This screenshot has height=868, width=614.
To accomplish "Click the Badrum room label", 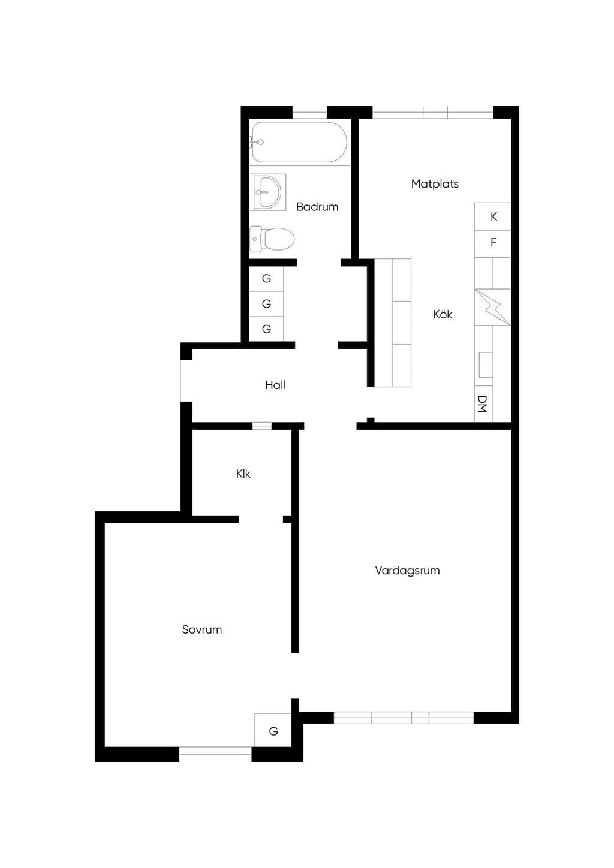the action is click(317, 207).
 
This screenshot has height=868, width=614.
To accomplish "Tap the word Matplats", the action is click(435, 183).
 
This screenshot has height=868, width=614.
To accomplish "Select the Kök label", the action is click(443, 314).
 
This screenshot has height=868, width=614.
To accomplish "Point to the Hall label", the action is click(275, 385).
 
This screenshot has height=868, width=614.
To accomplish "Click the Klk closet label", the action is click(243, 474).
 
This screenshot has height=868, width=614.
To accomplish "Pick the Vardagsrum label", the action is click(407, 571).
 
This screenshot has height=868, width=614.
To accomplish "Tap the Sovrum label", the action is click(202, 629).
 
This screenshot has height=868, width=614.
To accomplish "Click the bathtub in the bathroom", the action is click(299, 142).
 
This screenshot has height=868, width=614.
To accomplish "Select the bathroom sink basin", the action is click(268, 192).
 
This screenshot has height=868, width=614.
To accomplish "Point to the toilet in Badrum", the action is click(272, 238).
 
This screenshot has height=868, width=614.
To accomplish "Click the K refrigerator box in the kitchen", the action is click(493, 216).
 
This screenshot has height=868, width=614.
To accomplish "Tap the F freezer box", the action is click(493, 243).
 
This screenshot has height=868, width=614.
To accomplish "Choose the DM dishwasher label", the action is click(482, 403).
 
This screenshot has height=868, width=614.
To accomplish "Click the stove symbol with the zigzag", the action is click(493, 307).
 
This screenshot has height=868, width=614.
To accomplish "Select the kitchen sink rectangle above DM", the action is click(486, 364).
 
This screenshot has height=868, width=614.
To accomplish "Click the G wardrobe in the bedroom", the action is click(273, 731).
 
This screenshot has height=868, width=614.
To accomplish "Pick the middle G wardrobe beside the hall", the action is click(266, 304).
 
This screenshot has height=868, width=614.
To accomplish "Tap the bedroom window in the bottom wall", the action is click(215, 755).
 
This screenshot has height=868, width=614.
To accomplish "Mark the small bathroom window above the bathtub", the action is click(309, 111).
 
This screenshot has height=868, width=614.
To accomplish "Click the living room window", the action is click(404, 718).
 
